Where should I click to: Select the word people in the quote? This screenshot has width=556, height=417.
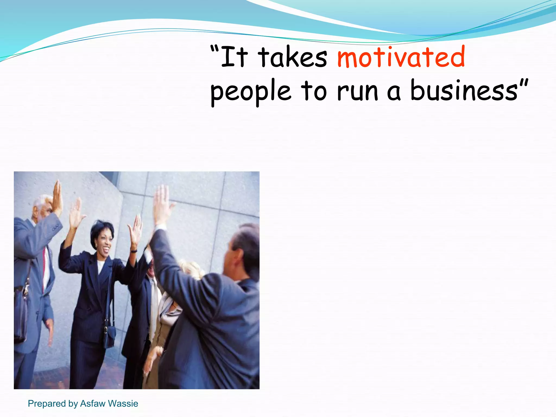point(250,92)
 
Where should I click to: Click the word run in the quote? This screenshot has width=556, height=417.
point(358,92)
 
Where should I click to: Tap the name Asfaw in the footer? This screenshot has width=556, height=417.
point(93,403)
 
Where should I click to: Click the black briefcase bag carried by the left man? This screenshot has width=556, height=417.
point(20,312)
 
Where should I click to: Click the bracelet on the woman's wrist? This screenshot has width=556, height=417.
point(134,251)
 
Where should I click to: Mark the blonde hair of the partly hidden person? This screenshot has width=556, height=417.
point(191,269)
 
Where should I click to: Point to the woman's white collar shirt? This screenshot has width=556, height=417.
point(100,266)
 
